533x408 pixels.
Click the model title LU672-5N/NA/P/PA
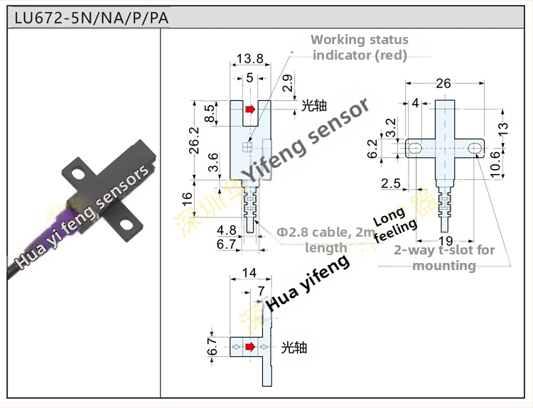point(88,18)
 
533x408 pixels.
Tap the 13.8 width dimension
point(244,58)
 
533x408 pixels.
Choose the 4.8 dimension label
point(227,230)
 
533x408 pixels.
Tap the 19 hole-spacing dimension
point(445,240)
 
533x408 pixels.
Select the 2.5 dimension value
point(390,183)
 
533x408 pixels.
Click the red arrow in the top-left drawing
point(249,109)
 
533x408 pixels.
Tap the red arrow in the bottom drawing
point(249,347)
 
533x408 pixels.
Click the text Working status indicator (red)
point(359,48)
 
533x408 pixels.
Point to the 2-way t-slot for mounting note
point(444,257)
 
